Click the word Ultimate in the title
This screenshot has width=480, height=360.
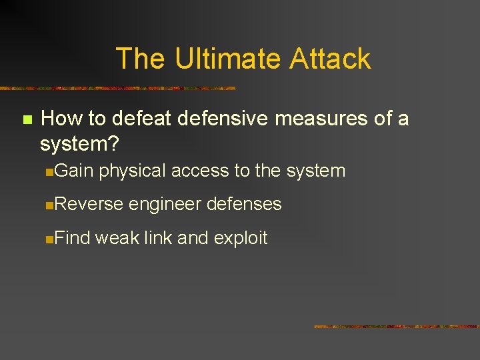[x=228, y=59]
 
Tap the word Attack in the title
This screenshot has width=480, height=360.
[x=330, y=59]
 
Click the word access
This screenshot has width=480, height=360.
[x=200, y=171]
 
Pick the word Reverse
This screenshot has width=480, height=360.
[x=89, y=204]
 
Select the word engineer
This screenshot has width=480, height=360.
[x=165, y=205]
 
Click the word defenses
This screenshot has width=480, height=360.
[x=244, y=204]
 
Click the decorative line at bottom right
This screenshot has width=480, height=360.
[x=396, y=327]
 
